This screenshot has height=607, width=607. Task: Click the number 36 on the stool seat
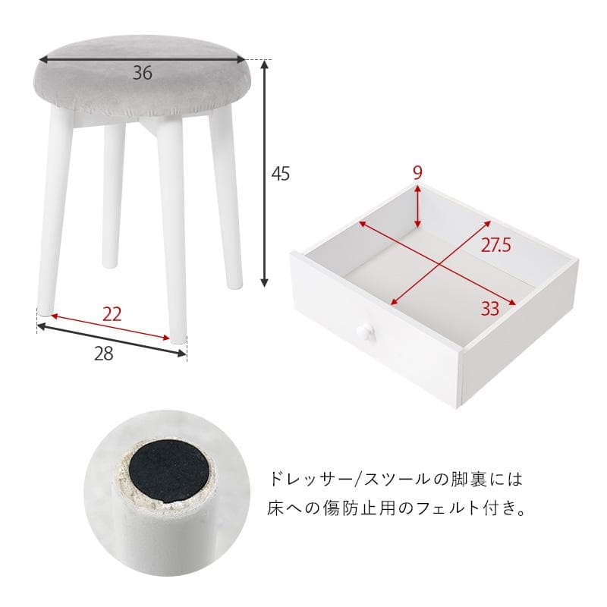pos(143,74)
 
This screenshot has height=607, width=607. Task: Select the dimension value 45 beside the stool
pos(280,173)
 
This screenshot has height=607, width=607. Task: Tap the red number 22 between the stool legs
pos(112,313)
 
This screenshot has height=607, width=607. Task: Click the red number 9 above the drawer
pos(417,172)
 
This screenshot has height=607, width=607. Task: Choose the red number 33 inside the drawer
pos(490,308)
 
